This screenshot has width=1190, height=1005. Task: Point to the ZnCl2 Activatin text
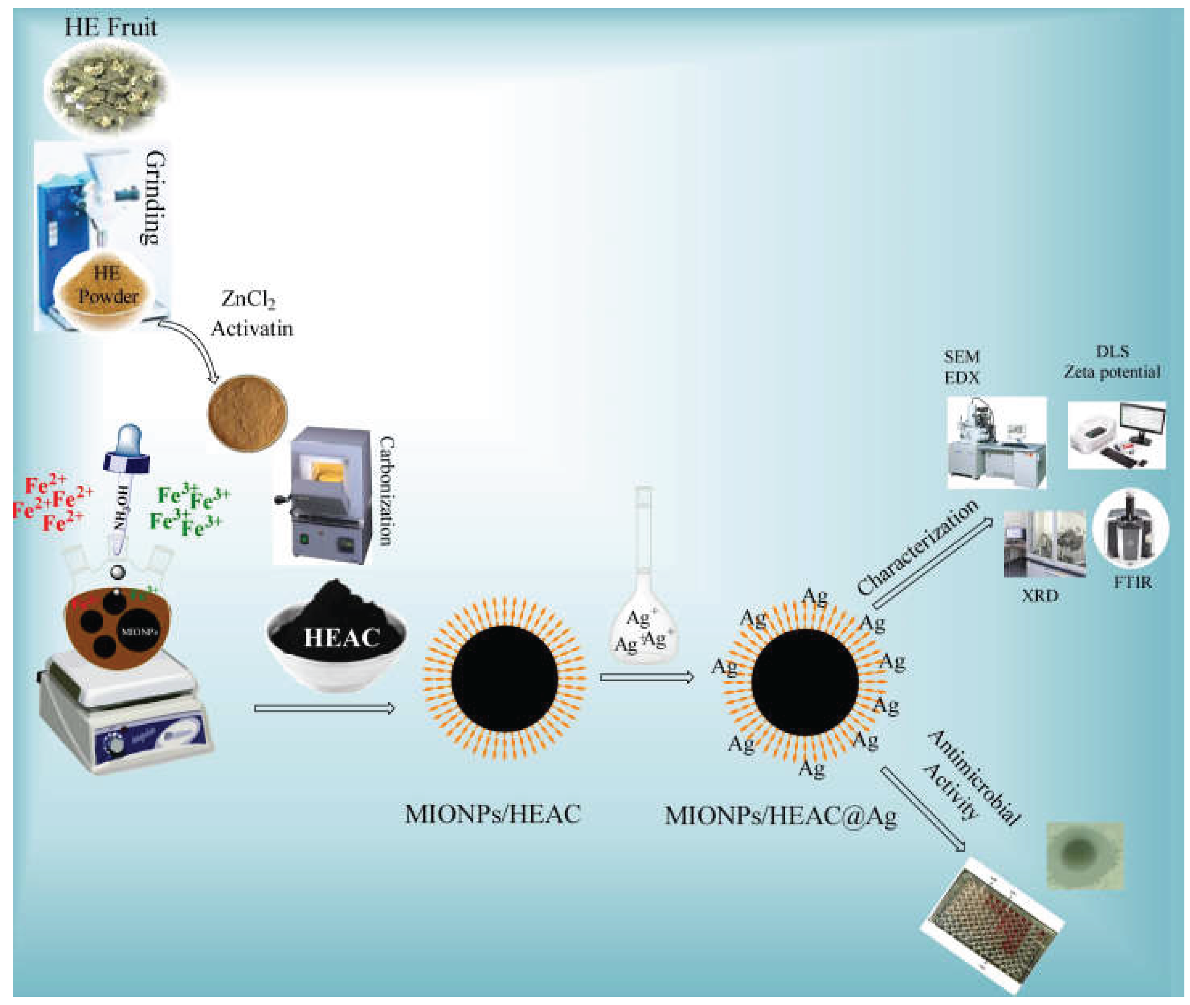[x=251, y=314]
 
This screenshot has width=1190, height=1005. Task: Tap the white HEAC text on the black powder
[x=341, y=638]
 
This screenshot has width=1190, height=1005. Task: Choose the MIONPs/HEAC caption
[x=492, y=814]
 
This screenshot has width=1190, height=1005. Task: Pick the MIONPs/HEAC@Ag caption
[x=780, y=816]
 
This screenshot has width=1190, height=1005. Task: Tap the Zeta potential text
[x=1112, y=372]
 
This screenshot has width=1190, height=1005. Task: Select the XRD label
[x=1040, y=596]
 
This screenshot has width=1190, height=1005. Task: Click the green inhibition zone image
[x=1085, y=855]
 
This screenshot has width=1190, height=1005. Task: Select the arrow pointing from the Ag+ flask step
[x=647, y=677]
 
